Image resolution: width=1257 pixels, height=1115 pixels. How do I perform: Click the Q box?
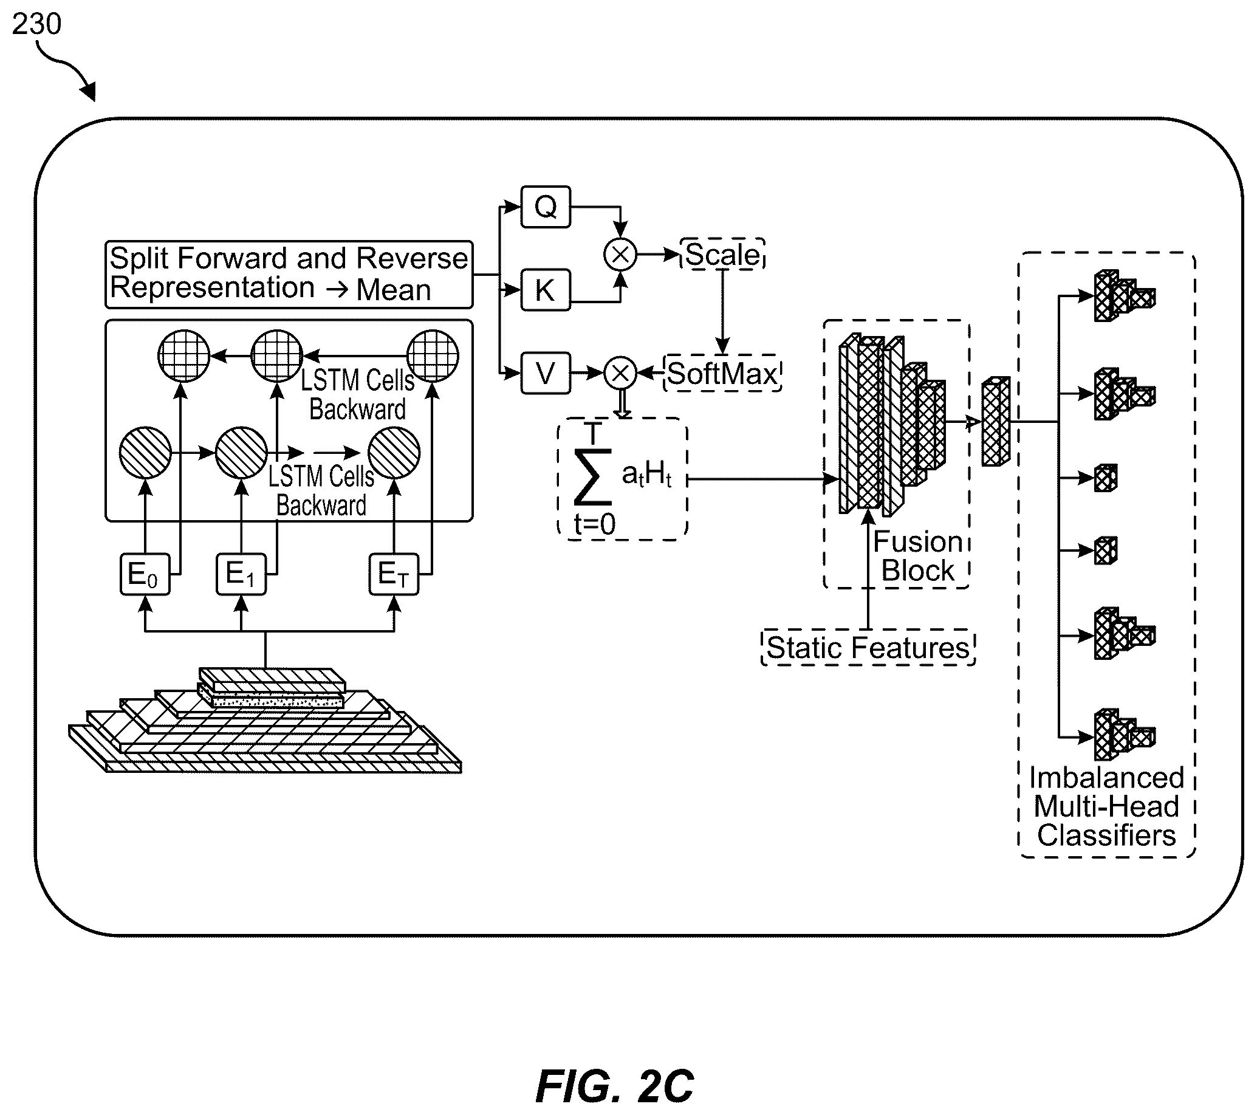pyautogui.click(x=546, y=207)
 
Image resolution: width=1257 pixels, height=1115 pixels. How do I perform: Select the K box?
pyautogui.click(x=546, y=290)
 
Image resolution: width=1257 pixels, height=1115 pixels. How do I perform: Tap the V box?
pyautogui.click(x=546, y=372)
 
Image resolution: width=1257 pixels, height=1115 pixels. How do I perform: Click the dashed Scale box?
pyautogui.click(x=722, y=253)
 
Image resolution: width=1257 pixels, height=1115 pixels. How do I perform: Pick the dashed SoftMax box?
pyautogui.click(x=722, y=373)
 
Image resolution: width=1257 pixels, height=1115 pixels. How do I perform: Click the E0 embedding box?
pyautogui.click(x=145, y=574)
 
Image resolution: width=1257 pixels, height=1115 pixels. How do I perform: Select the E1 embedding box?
pyautogui.click(x=241, y=574)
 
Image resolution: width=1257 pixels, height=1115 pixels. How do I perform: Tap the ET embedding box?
pyautogui.click(x=394, y=574)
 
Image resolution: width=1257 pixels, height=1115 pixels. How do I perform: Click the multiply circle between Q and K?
pyautogui.click(x=620, y=254)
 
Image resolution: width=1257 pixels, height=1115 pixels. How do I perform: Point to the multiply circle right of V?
pyautogui.click(x=620, y=372)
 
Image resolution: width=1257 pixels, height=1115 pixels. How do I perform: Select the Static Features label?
pyautogui.click(x=868, y=648)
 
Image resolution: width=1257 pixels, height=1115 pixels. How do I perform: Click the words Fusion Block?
pyautogui.click(x=918, y=556)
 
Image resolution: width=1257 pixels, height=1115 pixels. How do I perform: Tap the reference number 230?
pyautogui.click(x=37, y=24)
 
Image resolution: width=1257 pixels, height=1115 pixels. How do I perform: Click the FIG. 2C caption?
pyautogui.click(x=614, y=1086)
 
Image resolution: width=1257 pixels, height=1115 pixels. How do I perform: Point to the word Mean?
pyautogui.click(x=394, y=290)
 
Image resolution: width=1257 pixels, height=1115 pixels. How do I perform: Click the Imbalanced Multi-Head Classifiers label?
pyautogui.click(x=1106, y=806)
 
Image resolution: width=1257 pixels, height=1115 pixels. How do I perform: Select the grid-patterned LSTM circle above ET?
pyautogui.click(x=433, y=356)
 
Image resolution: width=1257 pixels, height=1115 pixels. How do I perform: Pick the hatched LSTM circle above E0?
pyautogui.click(x=145, y=453)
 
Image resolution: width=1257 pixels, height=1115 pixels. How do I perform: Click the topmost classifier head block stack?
pyautogui.click(x=1124, y=296)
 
